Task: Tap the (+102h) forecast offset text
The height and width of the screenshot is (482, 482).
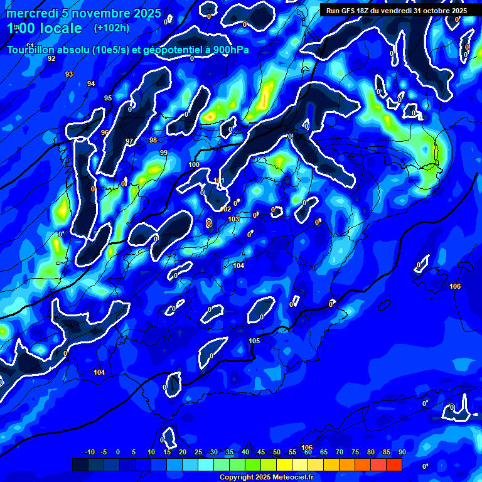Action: click(x=112, y=28)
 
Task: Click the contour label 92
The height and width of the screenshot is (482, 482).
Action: click(x=51, y=58)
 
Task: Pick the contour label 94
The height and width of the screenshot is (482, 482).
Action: click(x=91, y=83)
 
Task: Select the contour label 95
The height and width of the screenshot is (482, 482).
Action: click(x=108, y=98)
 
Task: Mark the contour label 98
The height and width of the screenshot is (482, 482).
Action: click(x=153, y=140)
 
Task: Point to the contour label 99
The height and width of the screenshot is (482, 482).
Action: click(x=164, y=153)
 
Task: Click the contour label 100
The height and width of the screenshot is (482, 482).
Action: click(x=194, y=164)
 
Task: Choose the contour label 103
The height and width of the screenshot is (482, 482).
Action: click(x=233, y=219)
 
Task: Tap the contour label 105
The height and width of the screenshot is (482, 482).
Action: click(x=254, y=341)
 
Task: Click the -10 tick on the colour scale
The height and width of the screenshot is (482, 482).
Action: click(x=90, y=452)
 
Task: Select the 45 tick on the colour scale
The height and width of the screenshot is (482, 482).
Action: click(x=261, y=452)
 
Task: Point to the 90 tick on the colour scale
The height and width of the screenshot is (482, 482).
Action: click(x=402, y=452)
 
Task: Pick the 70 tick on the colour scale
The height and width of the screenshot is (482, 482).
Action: click(x=340, y=452)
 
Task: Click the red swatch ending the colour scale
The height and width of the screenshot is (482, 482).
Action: click(x=394, y=464)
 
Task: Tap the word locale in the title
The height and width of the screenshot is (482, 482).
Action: click(x=59, y=28)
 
